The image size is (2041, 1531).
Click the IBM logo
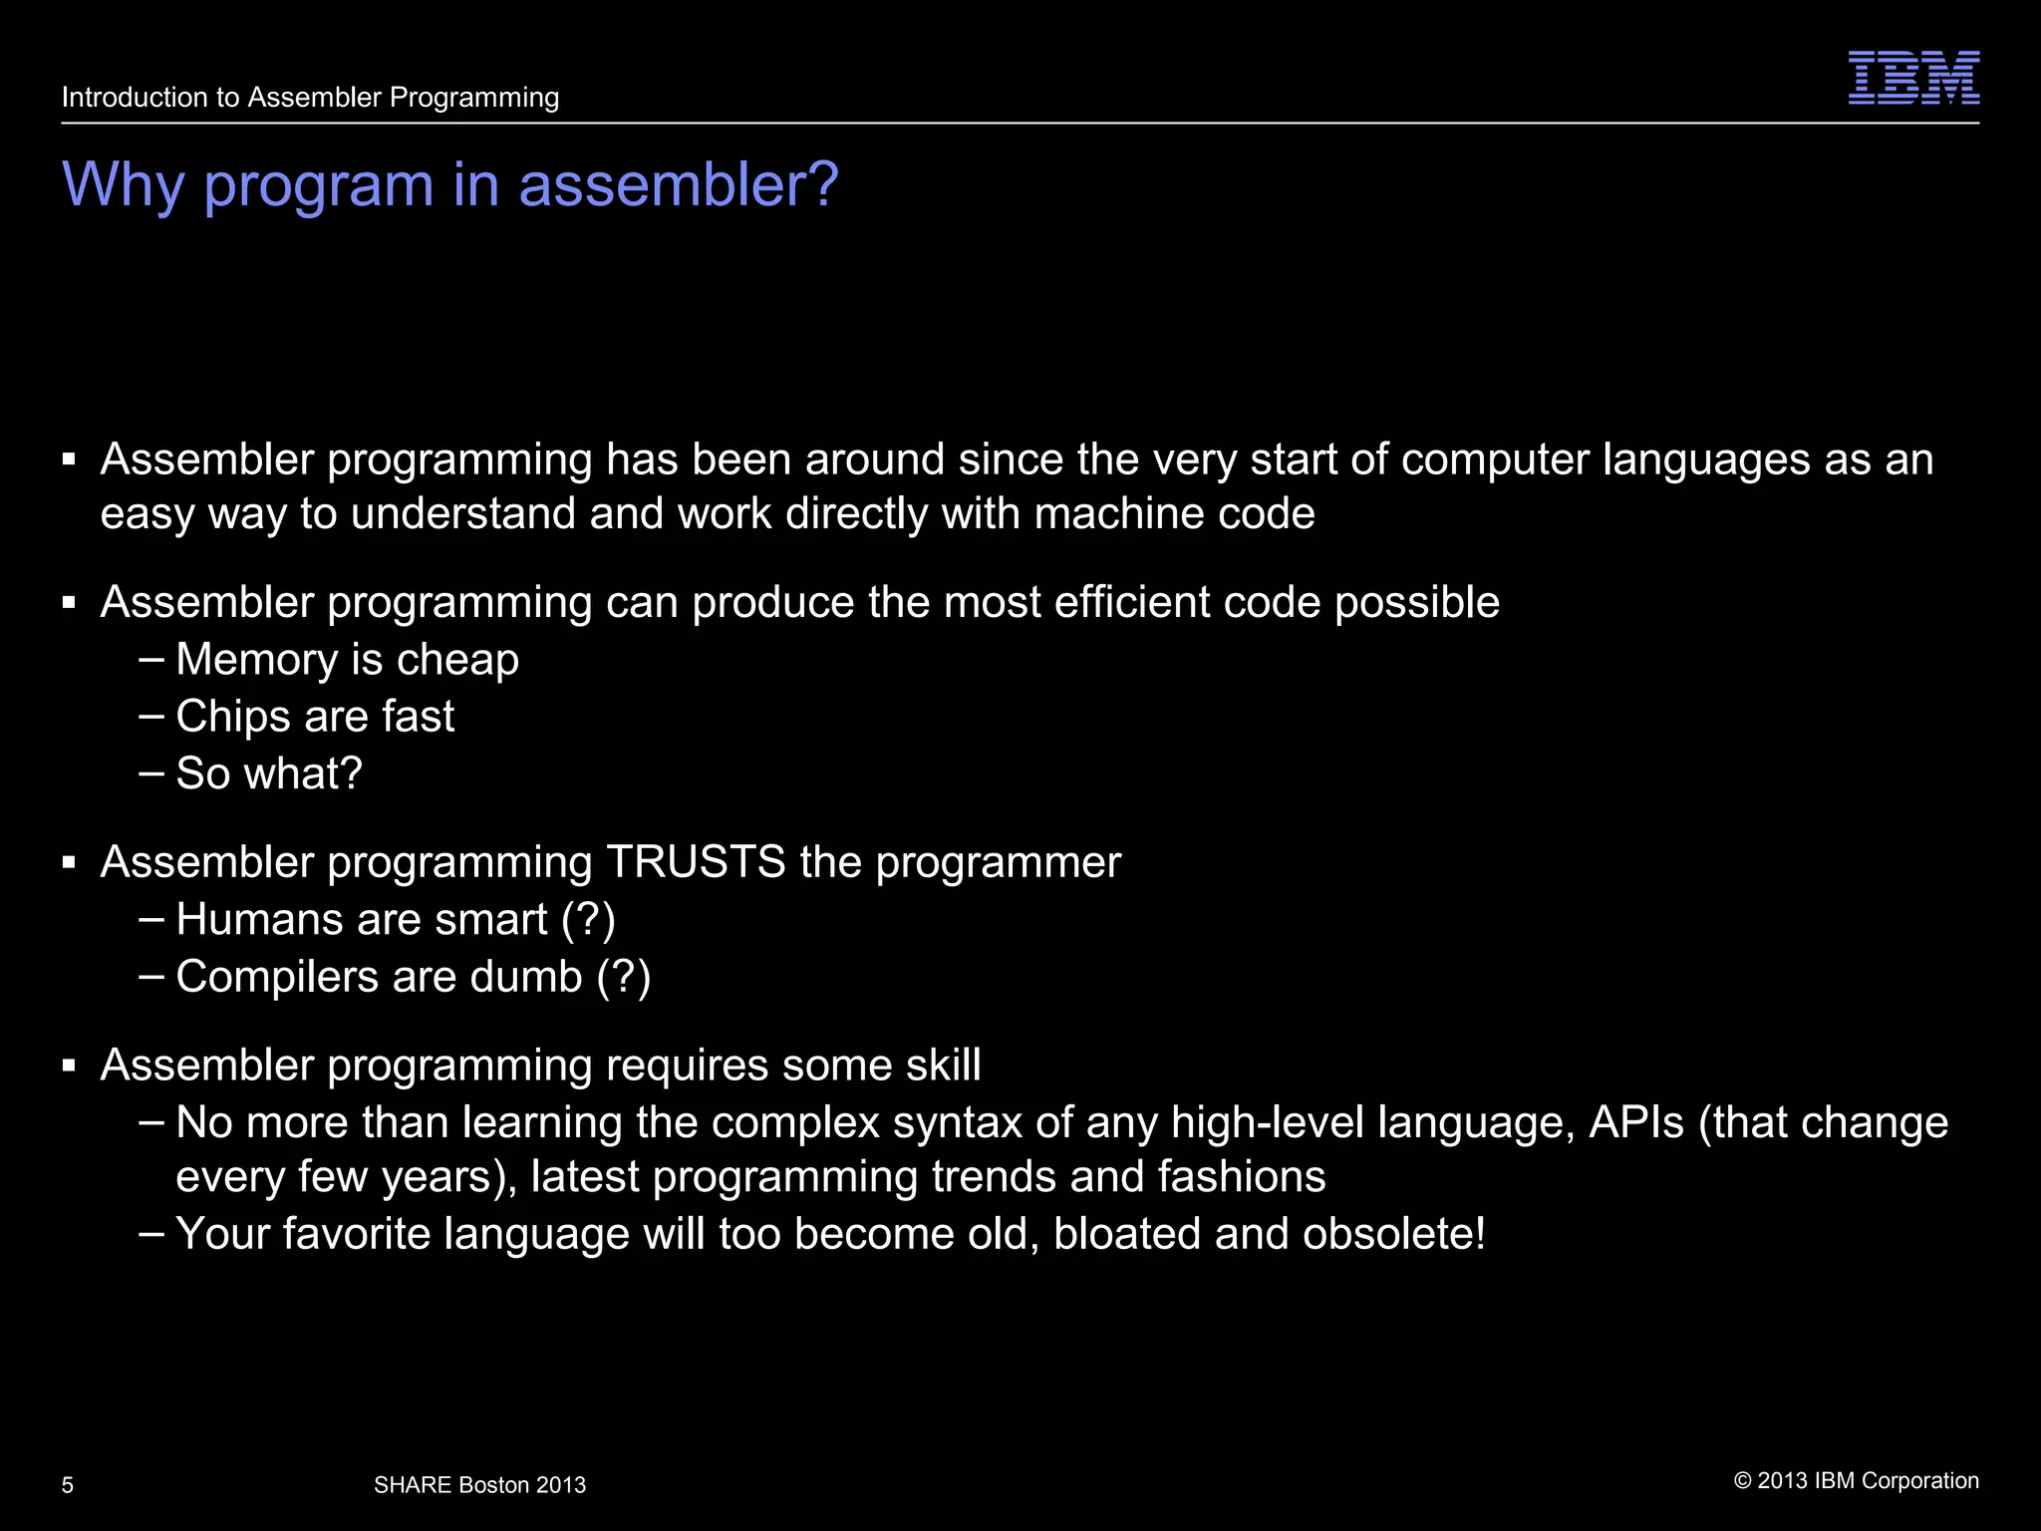(1913, 78)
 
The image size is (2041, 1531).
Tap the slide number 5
(68, 1485)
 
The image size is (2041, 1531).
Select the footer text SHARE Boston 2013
(479, 1485)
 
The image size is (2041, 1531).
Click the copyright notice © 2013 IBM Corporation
(1856, 1481)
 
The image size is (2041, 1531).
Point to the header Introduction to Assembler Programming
(310, 98)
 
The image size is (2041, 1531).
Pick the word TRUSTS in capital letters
(696, 862)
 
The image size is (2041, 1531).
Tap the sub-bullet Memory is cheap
(347, 660)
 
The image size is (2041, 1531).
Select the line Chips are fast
(315, 717)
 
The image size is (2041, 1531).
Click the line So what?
(269, 773)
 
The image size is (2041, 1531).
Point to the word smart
(492, 919)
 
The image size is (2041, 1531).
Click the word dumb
(526, 977)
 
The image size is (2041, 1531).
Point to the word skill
(943, 1066)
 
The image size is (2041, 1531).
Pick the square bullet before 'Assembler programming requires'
(69, 1067)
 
